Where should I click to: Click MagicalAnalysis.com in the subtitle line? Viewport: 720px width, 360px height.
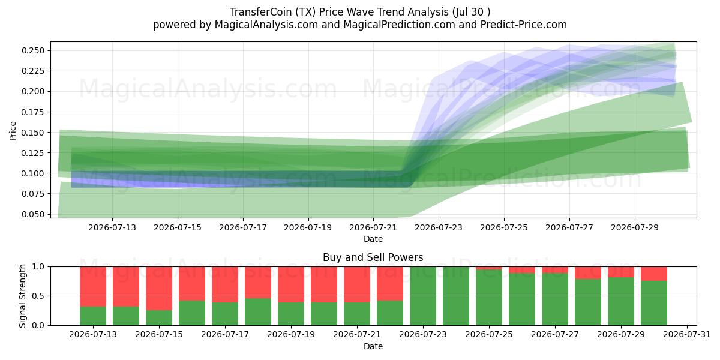266,25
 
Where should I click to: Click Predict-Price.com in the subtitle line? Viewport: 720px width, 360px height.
524,25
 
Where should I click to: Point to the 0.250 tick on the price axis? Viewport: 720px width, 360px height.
33,50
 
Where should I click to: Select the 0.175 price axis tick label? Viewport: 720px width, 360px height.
33,112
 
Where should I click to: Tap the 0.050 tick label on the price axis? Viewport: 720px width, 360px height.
33,214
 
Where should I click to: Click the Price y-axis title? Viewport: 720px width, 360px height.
13,131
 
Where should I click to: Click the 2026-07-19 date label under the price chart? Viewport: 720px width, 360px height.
308,227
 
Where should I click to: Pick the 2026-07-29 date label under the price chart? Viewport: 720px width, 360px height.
635,227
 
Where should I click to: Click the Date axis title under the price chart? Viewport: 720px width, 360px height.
373,239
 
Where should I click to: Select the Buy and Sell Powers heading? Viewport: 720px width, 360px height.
373,257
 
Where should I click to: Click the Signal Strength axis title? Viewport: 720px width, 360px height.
22,296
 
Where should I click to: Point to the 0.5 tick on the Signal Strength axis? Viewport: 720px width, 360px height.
38,296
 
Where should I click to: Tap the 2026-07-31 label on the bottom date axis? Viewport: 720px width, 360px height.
687,335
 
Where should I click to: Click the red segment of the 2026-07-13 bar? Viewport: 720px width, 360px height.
93,287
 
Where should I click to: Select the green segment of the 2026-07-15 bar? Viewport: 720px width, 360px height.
159,317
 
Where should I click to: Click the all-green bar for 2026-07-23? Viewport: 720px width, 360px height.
423,296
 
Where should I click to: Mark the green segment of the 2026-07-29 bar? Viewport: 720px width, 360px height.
621,301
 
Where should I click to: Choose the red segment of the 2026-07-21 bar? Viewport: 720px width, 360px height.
357,284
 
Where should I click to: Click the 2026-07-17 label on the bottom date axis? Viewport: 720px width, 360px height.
225,335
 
